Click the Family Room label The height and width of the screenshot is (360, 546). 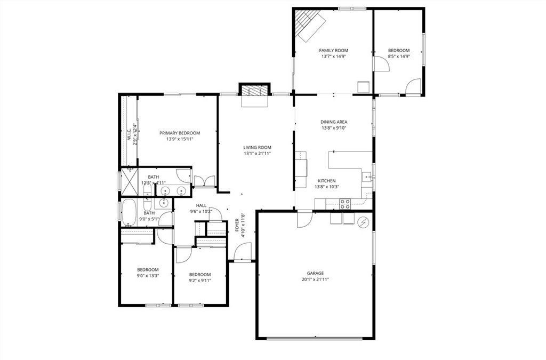334,51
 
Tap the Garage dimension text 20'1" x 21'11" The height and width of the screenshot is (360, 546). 316,279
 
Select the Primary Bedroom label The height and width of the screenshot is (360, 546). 180,133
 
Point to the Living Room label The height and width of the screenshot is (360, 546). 257,147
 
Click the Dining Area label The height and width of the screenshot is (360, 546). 334,122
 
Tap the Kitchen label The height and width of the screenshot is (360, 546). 327,181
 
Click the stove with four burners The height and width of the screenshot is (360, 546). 345,204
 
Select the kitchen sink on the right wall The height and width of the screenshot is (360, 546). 367,177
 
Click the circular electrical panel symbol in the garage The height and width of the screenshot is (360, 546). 363,222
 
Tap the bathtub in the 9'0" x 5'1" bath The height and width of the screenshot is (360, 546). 129,213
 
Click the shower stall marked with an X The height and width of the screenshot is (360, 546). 129,180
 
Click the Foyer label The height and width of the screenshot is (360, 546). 237,225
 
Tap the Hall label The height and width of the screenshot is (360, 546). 201,205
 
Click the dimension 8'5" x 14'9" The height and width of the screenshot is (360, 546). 399,56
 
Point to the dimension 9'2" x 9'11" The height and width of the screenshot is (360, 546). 200,281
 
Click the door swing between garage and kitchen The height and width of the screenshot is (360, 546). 304,219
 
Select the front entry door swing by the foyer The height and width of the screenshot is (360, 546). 243,251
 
